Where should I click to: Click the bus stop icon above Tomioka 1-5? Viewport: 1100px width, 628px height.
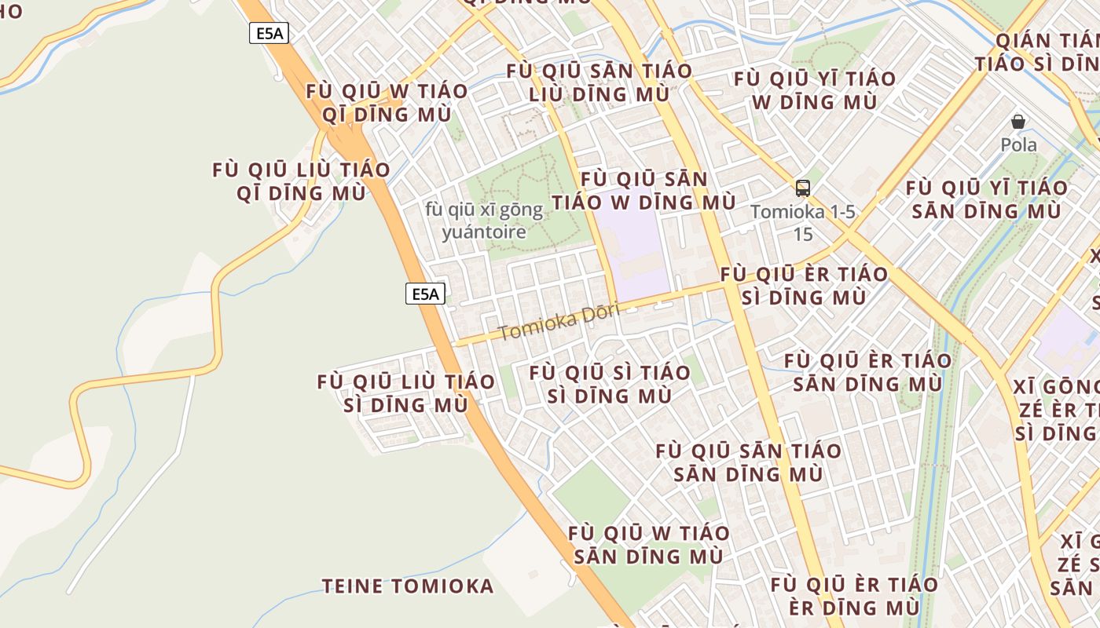click(802, 188)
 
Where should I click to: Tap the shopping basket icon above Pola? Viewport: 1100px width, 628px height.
click(1018, 122)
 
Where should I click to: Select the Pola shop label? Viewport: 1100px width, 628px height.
click(1018, 145)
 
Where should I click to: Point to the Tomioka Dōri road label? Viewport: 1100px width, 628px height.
click(559, 321)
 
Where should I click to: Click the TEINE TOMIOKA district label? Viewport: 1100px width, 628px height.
click(408, 586)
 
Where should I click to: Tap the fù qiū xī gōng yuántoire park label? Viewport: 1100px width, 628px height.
click(484, 221)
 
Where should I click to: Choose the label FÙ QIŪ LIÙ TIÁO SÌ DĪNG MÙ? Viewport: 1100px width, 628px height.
click(406, 393)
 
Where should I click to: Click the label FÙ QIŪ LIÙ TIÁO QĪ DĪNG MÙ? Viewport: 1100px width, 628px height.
click(301, 181)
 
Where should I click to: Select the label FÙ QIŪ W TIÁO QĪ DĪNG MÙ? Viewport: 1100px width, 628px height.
click(387, 103)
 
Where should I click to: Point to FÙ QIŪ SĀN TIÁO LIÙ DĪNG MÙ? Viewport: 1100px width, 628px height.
click(599, 82)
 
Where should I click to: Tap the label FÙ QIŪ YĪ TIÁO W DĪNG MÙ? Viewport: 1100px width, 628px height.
click(814, 90)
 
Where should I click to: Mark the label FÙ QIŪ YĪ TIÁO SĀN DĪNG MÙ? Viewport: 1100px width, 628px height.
click(987, 199)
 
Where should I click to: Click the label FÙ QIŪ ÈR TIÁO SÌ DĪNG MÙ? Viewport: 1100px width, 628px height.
click(805, 286)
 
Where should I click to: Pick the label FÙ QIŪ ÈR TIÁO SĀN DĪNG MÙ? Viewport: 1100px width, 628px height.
click(867, 372)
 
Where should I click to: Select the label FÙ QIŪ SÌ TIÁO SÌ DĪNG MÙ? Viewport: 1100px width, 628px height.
click(610, 384)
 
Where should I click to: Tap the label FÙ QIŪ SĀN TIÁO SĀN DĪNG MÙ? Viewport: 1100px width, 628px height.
click(748, 462)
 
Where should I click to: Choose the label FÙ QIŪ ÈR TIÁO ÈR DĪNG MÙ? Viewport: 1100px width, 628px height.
click(854, 596)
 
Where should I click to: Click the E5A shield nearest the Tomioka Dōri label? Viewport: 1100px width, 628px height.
click(425, 294)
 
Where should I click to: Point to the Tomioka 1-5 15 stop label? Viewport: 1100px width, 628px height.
click(802, 223)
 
